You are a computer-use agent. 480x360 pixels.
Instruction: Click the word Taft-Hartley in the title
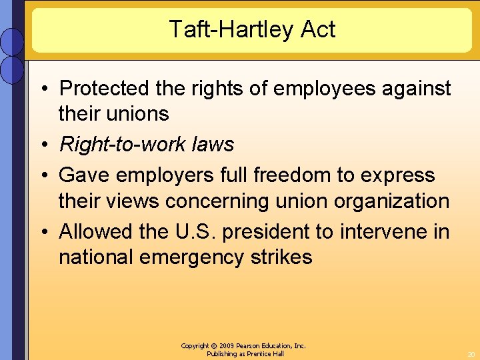(232, 29)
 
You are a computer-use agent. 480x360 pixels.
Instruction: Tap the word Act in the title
(318, 29)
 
